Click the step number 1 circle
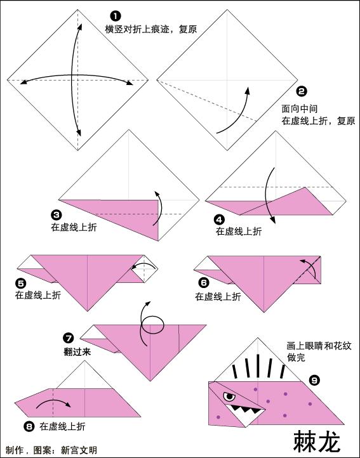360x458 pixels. (x=115, y=16)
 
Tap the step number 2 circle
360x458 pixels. (x=302, y=91)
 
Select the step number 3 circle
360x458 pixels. (x=57, y=215)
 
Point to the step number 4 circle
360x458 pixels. (x=219, y=219)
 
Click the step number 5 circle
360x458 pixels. (x=21, y=284)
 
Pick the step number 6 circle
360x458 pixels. (x=203, y=284)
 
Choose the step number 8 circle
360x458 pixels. (x=28, y=426)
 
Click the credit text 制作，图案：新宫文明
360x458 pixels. (x=51, y=450)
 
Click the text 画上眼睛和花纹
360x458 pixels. (x=318, y=346)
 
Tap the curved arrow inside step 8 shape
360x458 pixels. (x=53, y=403)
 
